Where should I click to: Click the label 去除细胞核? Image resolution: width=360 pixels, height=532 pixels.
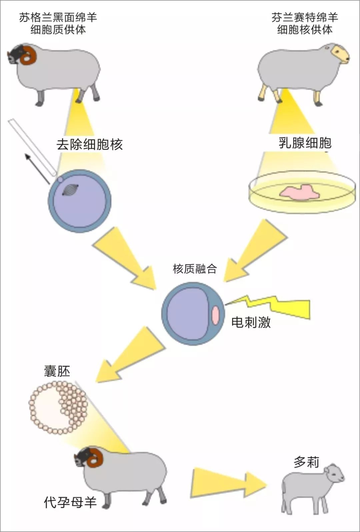pos(89,144)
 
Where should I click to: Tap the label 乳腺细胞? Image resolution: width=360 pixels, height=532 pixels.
pos(305,143)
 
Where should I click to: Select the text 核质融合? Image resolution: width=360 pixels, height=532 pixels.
pos(195,268)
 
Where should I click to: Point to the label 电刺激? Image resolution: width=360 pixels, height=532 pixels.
pos(251,322)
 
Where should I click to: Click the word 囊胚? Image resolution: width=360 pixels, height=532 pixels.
pos(57,371)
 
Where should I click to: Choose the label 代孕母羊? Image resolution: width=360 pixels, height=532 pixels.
pos(70,502)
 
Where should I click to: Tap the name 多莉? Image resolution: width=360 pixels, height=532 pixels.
pos(306,462)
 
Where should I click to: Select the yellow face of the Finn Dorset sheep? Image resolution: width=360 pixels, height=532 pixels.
pos(340,54)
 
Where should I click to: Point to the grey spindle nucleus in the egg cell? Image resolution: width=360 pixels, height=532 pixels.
pos(71,190)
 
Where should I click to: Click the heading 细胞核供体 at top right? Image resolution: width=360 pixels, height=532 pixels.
pos(304,30)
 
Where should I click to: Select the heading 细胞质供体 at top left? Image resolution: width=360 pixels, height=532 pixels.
pos(58,30)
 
